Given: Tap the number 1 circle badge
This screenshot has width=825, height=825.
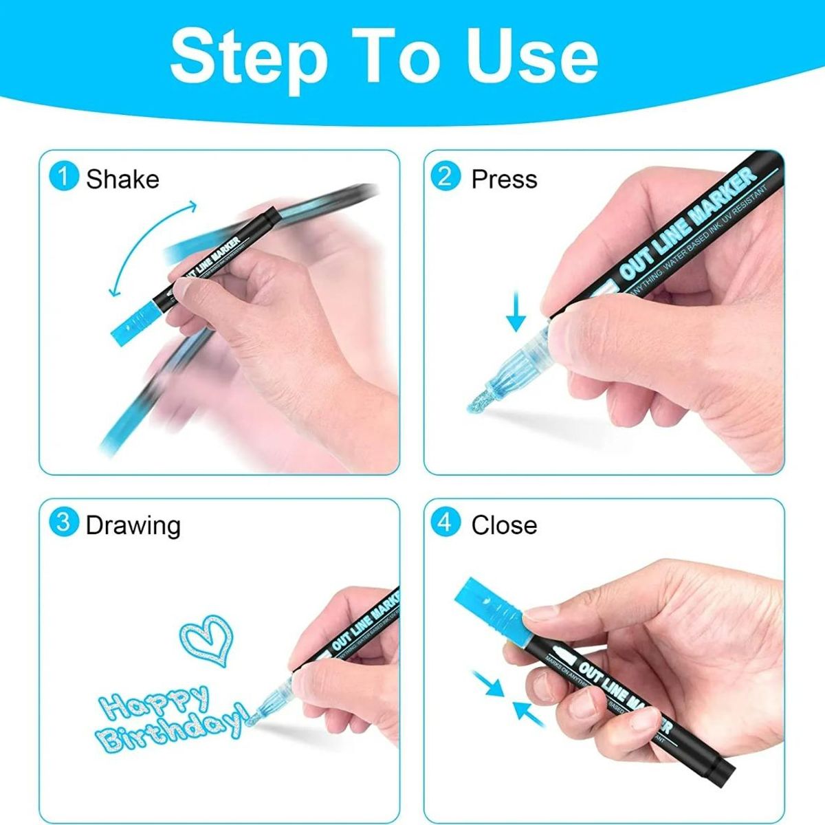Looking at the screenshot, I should click(64, 177).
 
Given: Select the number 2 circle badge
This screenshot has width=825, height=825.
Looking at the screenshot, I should click(445, 177).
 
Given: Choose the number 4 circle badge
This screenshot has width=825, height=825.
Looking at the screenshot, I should click(445, 523).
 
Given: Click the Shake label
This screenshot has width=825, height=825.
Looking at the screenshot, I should click(122, 179).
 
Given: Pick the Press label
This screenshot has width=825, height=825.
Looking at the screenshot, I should click(504, 179).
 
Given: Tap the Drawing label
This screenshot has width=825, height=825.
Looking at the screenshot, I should click(133, 525).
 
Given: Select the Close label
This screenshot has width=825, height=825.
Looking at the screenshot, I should click(504, 525).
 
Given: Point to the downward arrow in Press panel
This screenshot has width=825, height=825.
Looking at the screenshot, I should click(516, 313).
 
